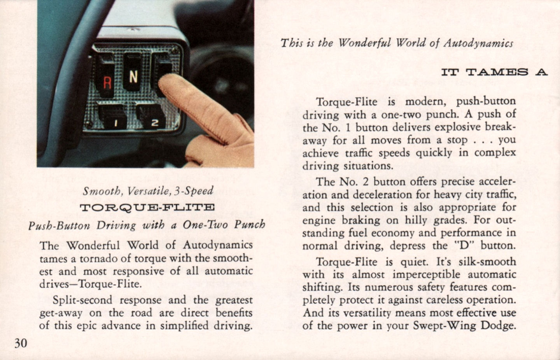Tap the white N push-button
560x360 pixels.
(133, 72)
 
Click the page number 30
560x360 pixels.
(21, 343)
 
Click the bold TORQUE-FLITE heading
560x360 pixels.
(147, 208)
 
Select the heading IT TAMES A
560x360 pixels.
(494, 72)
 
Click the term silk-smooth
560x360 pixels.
(487, 262)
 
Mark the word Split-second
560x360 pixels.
(82, 300)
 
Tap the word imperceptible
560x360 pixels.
(426, 275)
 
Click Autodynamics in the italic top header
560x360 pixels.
(478, 44)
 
